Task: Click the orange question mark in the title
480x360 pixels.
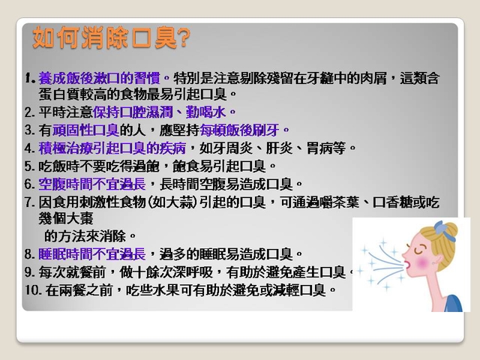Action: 183,38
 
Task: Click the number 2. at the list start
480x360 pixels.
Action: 30,112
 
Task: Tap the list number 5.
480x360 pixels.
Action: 30,166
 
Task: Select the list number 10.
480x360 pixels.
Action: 34,290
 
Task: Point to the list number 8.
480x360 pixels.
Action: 30,254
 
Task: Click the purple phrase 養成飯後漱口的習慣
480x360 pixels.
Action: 99,78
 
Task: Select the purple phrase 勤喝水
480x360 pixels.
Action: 205,112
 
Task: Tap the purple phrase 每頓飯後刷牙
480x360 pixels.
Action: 239,130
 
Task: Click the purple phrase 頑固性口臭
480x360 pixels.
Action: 85,130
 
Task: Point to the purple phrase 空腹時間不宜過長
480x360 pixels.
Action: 91,184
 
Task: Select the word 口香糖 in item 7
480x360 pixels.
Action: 392,202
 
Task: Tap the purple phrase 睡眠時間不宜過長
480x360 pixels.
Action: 91,254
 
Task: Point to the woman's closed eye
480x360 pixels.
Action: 419,250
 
